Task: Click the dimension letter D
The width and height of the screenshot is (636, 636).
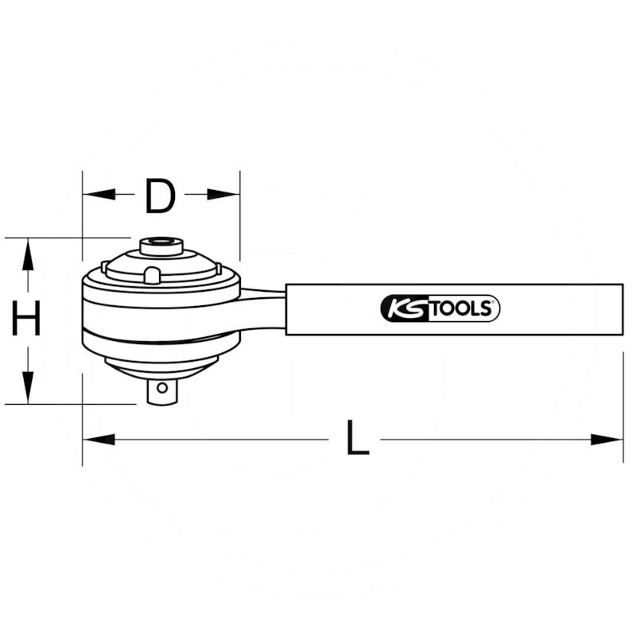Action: click(161, 196)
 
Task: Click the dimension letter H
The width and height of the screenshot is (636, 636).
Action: click(26, 318)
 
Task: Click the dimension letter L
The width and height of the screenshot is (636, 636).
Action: click(358, 437)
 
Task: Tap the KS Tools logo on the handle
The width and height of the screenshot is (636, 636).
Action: click(440, 308)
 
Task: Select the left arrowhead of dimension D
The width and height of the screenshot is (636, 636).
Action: click(99, 194)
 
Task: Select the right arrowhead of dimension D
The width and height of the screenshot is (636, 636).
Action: click(223, 194)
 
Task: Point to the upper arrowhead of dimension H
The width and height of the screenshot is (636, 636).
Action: click(28, 254)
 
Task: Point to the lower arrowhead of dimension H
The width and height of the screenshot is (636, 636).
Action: click(28, 388)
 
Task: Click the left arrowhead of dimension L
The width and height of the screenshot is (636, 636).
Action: click(99, 440)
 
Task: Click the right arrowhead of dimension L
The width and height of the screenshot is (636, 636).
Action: click(607, 440)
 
